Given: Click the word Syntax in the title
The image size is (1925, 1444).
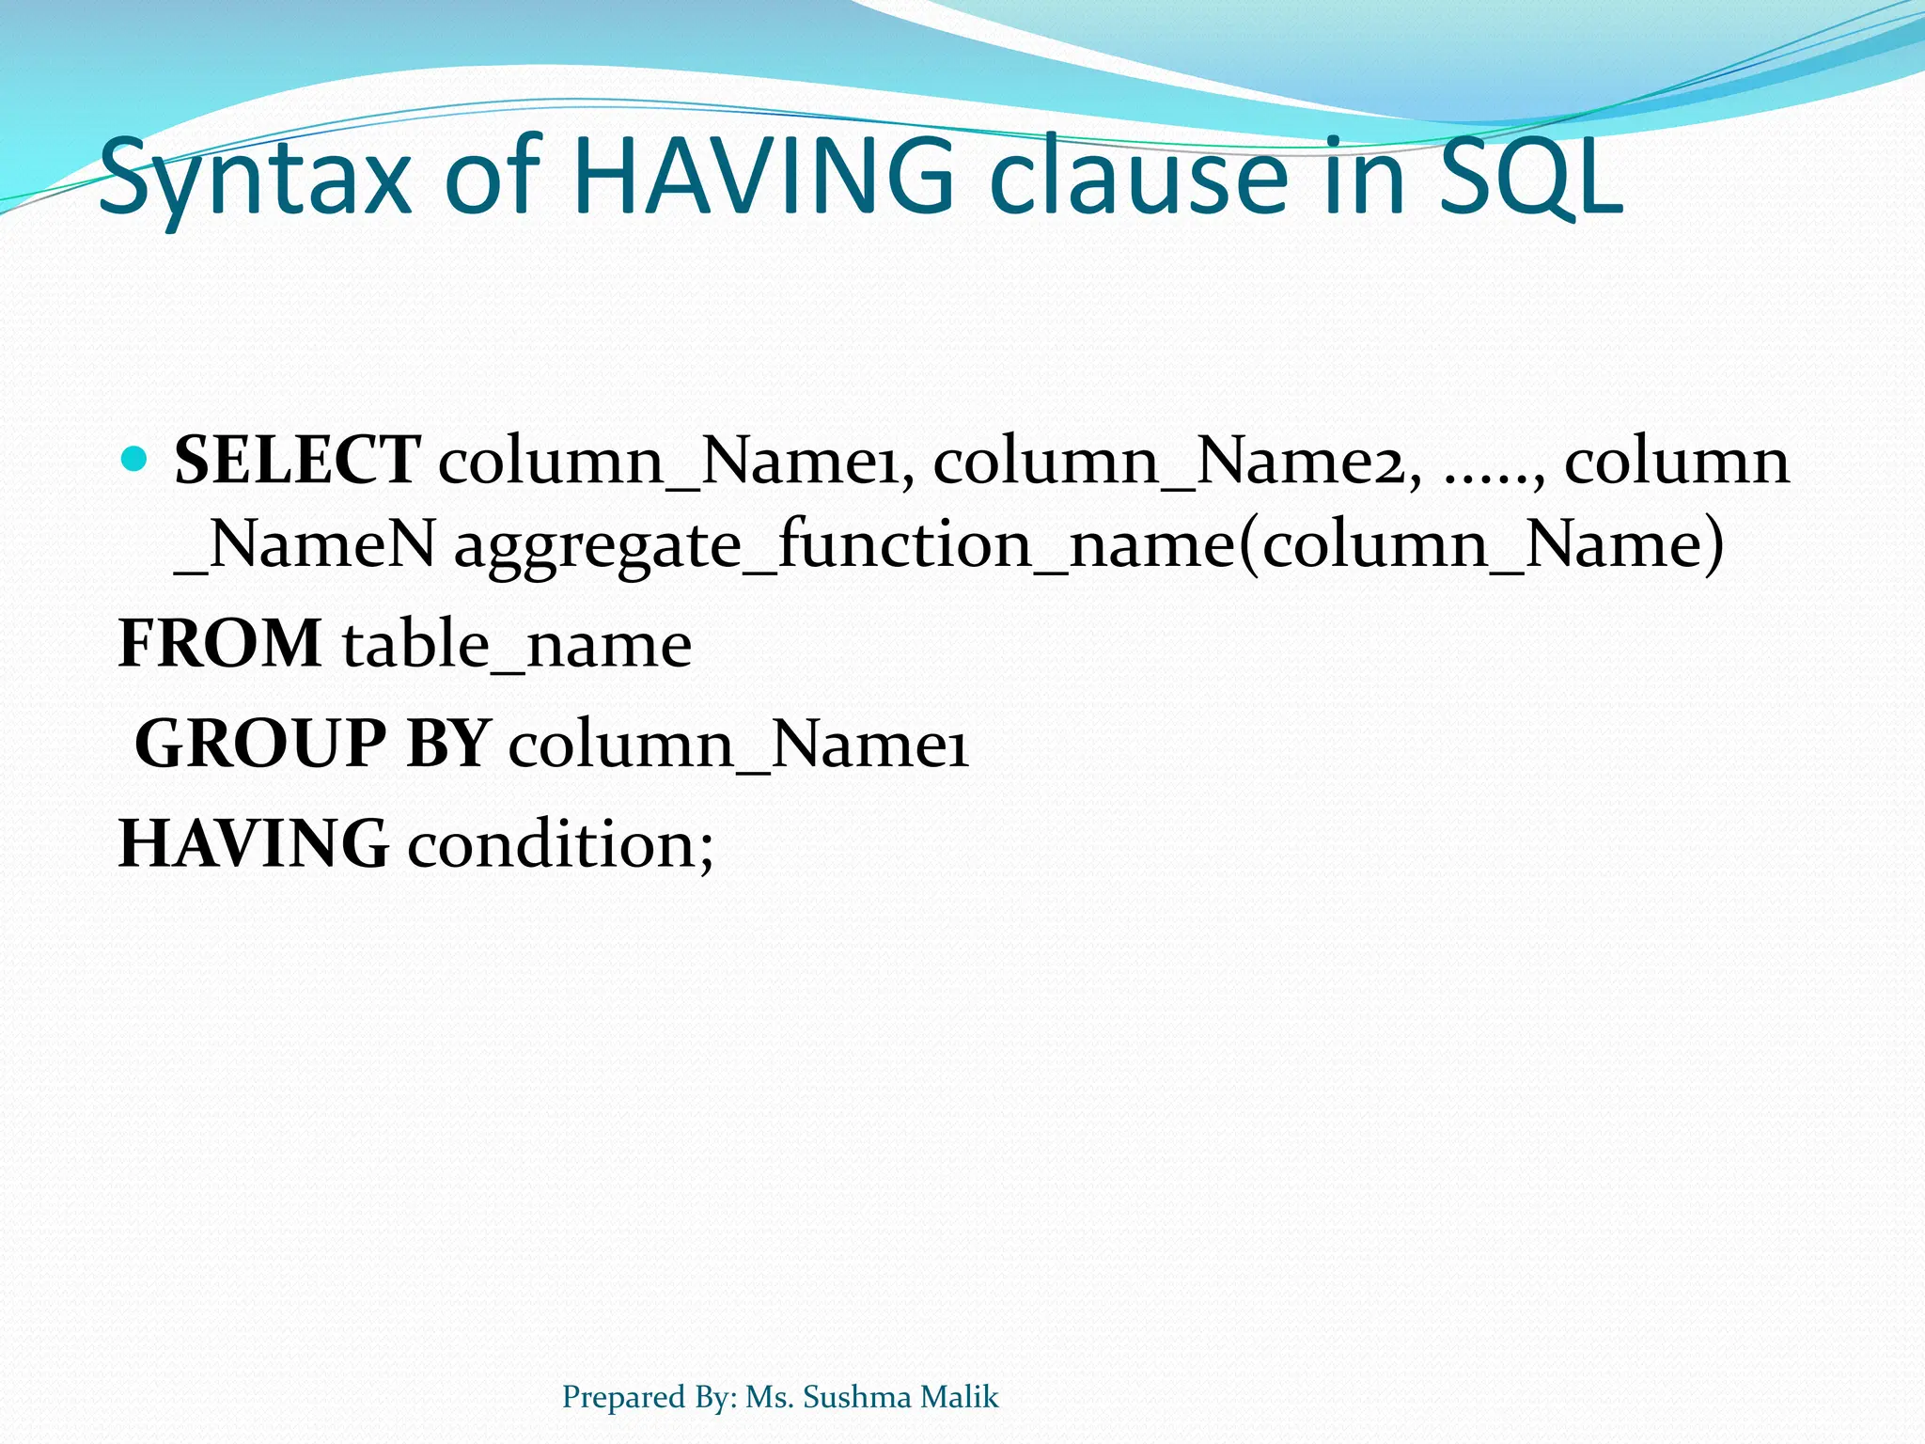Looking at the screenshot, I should tap(255, 179).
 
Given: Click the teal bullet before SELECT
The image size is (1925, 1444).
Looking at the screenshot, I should tap(135, 460).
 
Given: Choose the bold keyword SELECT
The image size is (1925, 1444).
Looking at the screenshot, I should tap(297, 461).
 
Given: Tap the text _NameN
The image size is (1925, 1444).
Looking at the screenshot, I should tap(305, 545).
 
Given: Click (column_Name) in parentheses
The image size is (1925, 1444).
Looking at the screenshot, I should tap(1481, 545).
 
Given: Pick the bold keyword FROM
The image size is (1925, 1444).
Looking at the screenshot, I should tap(220, 644).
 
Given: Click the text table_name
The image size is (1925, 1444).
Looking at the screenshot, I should tap(517, 646).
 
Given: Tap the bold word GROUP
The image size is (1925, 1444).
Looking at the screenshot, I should tap(260, 744).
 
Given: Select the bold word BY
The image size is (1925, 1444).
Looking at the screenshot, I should tap(448, 744).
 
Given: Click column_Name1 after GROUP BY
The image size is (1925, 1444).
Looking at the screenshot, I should tap(739, 746).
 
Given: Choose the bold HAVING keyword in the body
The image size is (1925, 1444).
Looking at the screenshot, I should tap(253, 843).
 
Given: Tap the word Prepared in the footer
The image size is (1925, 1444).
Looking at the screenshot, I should tap(623, 1398).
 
